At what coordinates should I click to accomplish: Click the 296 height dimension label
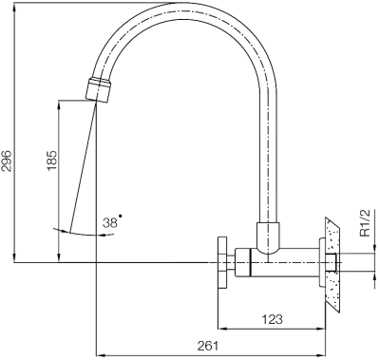click(7, 161)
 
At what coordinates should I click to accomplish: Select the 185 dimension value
click(52, 161)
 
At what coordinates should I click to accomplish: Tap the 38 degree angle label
click(110, 223)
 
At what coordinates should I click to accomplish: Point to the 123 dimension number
click(273, 319)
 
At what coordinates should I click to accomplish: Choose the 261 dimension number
click(208, 346)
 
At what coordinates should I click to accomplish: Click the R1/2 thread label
click(365, 223)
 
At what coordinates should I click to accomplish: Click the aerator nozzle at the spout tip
click(99, 89)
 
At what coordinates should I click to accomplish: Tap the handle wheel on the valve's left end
click(222, 263)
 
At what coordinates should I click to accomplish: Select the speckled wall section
click(332, 264)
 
